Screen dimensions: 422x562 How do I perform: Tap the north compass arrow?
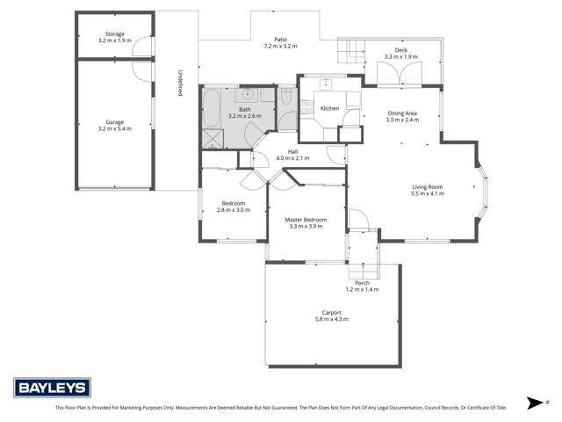click(x=534, y=403)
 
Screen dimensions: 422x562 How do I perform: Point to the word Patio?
click(x=280, y=39)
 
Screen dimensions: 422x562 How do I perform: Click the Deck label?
click(x=401, y=50)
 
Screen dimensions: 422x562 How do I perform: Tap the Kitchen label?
click(x=329, y=108)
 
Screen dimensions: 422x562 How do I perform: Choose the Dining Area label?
click(x=401, y=113)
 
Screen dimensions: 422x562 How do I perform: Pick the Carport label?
click(x=331, y=312)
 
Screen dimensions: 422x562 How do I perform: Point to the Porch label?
click(x=363, y=282)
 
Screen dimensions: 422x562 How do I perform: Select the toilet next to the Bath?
click(x=288, y=100)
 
